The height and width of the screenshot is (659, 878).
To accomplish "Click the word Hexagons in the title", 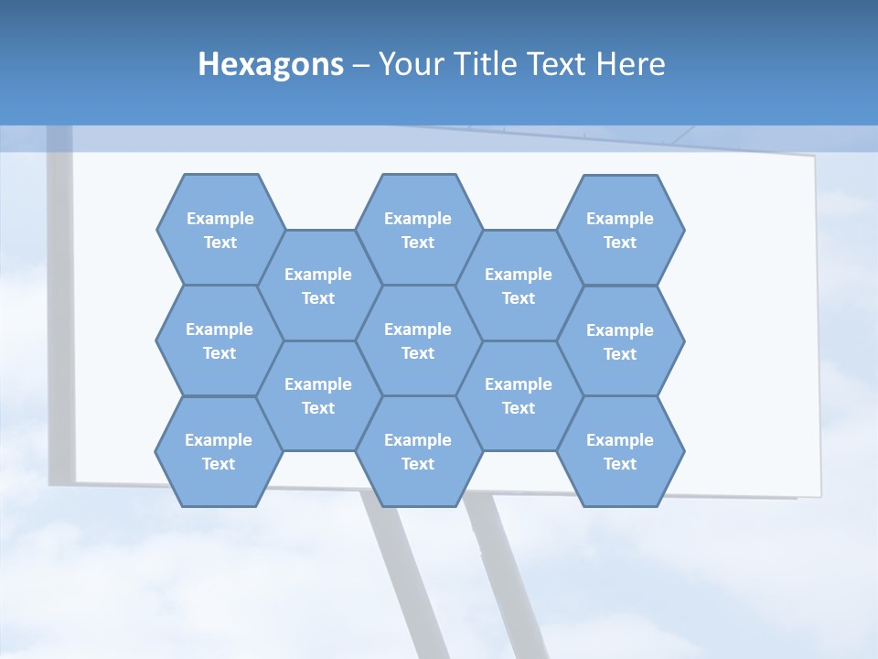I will (x=271, y=64).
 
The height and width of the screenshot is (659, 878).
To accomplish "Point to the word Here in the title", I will (x=631, y=64).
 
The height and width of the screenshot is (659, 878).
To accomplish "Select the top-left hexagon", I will (x=219, y=230).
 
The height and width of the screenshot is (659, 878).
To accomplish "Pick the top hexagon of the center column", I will (x=418, y=230).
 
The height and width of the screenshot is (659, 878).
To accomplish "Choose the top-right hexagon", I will (x=620, y=230).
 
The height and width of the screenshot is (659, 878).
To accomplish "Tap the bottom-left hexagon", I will (x=219, y=451).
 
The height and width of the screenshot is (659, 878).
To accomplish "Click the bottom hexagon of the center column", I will (x=418, y=451).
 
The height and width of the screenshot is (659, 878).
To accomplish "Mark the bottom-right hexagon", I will (x=620, y=451).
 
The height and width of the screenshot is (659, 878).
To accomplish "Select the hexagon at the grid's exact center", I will (x=418, y=340).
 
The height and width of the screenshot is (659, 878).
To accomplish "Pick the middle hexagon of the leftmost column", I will (x=219, y=340).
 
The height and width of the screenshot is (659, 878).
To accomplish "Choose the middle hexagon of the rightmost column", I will (x=620, y=341).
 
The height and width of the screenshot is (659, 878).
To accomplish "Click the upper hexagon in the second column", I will (x=318, y=286).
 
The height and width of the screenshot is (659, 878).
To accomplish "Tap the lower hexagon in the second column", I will (x=318, y=395).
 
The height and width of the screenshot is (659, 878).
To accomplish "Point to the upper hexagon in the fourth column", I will (x=519, y=286).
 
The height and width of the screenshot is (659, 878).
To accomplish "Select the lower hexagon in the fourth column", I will (x=519, y=395).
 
